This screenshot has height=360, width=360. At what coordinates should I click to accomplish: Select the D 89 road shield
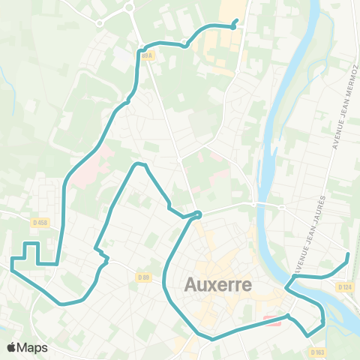[144, 277]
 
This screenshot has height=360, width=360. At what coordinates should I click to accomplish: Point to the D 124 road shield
[344, 286]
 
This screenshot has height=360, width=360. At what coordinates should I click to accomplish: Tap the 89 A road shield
[146, 55]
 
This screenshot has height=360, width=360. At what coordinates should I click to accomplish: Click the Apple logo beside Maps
[12, 347]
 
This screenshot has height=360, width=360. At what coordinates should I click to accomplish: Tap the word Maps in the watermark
[33, 347]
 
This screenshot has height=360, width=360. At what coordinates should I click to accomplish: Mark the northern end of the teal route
[237, 20]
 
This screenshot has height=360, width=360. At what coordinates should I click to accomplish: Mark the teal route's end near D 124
[348, 256]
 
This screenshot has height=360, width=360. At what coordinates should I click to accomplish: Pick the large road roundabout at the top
[128, 8]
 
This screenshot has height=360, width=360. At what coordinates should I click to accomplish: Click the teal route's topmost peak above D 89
[137, 163]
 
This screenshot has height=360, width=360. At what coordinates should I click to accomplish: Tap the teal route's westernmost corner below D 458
[12, 259]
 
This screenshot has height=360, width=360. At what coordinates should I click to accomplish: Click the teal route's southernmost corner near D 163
[307, 334]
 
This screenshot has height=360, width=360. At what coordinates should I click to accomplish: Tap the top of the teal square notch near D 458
[31, 243]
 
